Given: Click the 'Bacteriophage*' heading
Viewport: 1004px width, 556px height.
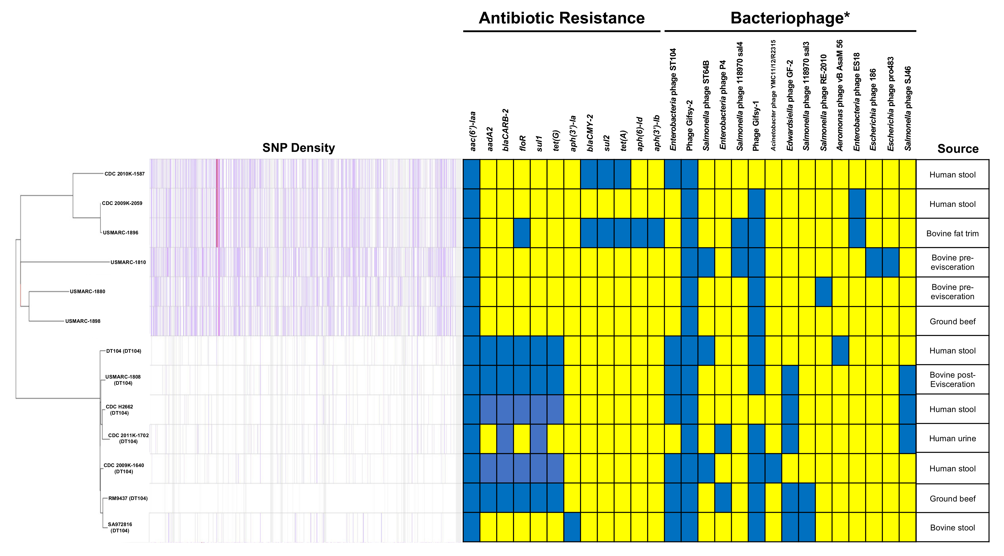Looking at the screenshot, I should coord(790,18).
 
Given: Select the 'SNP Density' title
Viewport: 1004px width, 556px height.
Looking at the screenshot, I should coord(299,148).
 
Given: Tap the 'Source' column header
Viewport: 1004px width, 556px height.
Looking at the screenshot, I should coord(958,149).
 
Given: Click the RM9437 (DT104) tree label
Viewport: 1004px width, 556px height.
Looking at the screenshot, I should coord(128,498).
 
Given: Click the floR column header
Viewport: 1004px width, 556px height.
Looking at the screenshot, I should coord(523,143).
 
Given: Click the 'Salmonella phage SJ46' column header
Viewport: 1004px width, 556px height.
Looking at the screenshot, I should coord(908,109).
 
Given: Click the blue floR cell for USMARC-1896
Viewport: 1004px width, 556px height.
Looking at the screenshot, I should coord(522,233).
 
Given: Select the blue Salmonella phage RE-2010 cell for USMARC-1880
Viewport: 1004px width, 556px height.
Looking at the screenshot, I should coord(824,292).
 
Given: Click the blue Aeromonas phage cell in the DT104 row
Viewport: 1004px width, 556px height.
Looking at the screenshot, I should coord(840,350).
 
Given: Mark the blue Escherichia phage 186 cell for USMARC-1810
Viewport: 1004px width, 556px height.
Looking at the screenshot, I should coord(874,262).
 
